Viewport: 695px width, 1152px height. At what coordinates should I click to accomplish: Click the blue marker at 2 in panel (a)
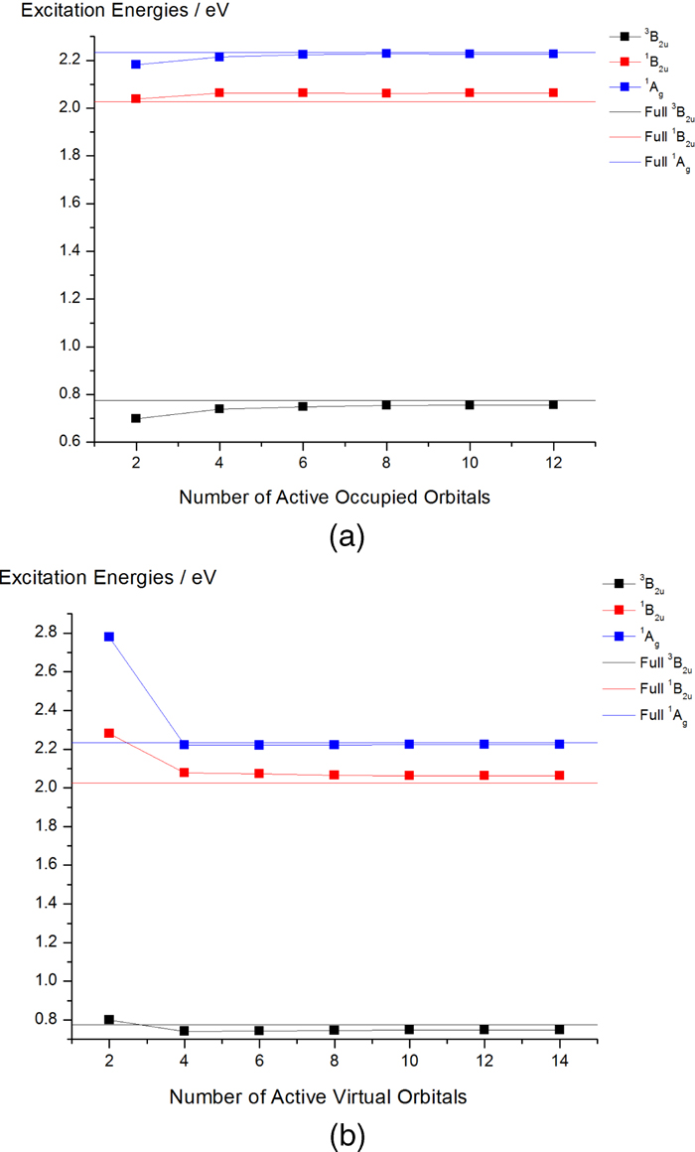[x=136, y=65]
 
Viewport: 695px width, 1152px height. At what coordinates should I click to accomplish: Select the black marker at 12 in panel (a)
[x=553, y=404]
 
